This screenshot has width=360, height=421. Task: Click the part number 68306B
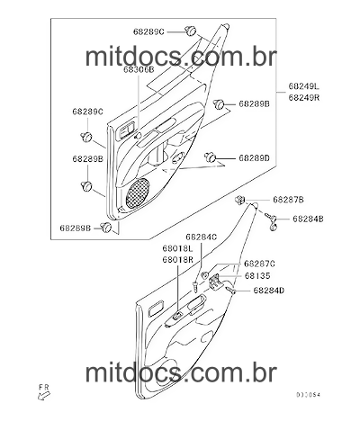139,70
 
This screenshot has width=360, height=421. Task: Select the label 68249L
304,86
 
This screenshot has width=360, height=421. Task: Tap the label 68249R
304,97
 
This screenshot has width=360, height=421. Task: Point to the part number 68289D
255,158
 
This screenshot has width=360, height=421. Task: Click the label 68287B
288,200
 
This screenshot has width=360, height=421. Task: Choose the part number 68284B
308,219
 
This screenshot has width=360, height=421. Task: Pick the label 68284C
201,237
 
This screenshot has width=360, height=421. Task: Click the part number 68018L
177,248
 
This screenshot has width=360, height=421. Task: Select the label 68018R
177,260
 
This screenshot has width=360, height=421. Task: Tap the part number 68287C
259,264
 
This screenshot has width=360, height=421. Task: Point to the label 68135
257,275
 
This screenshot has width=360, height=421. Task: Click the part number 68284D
269,291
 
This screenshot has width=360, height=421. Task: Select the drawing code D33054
308,395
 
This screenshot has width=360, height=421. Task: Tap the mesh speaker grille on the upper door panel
138,193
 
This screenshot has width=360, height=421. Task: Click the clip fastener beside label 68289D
211,157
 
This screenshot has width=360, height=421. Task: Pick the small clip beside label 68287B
240,199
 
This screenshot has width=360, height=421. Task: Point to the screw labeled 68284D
230,290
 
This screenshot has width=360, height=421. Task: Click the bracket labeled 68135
215,282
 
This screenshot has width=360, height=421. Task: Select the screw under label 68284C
195,286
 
